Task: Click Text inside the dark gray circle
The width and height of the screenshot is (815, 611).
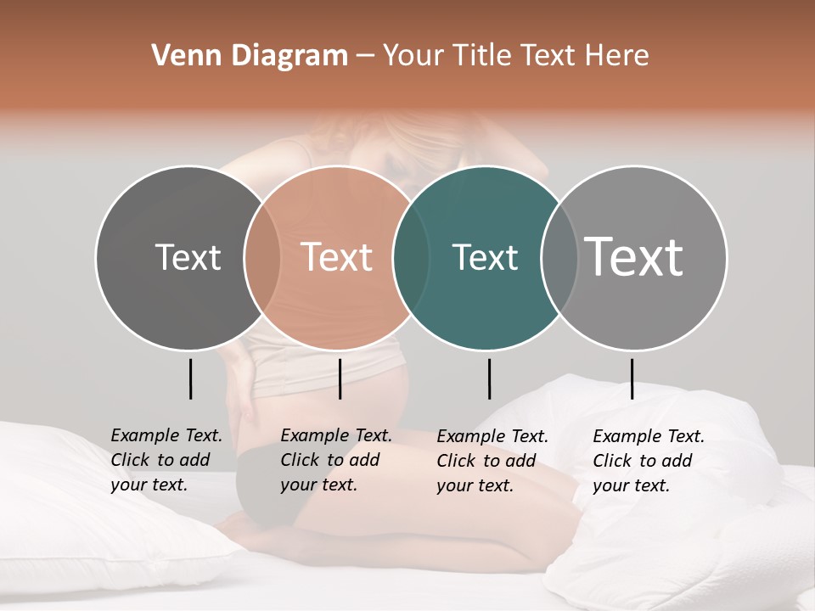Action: coord(188,257)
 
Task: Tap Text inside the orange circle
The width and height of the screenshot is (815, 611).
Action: coord(336,257)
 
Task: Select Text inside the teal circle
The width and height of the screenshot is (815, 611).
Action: coord(485,257)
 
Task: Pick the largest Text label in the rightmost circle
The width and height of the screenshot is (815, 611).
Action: coord(634,256)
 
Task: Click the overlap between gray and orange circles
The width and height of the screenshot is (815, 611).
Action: coord(262,257)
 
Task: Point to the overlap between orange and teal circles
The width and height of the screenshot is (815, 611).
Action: coord(411,257)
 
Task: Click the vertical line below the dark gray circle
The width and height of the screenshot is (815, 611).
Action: coord(191,378)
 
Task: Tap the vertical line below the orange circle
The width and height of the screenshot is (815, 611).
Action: coord(340,378)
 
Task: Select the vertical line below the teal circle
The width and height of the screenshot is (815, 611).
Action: coord(489,378)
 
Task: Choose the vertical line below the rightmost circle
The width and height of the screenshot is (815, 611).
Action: coord(632,378)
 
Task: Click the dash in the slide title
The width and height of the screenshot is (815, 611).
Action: coord(365,56)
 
